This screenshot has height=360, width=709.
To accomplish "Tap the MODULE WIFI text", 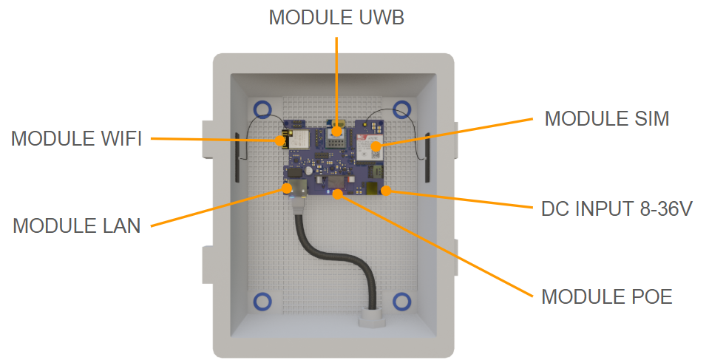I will (76, 138).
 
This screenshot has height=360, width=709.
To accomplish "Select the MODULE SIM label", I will (606, 119).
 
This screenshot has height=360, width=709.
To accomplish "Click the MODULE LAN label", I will (77, 226).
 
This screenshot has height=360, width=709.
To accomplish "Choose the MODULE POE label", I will (607, 297).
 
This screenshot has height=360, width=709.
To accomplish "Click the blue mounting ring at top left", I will (262, 109).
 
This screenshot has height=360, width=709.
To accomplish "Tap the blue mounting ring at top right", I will (401, 109).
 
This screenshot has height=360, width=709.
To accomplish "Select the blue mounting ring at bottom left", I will (262, 301).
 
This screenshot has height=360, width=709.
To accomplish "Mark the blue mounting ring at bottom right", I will (401, 301).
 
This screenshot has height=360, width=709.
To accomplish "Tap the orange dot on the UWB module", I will (336, 131).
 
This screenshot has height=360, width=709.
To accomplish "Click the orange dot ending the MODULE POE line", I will (337, 194).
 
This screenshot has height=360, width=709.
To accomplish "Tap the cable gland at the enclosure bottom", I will (369, 317).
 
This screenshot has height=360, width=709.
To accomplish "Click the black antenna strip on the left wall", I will (237, 158).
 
